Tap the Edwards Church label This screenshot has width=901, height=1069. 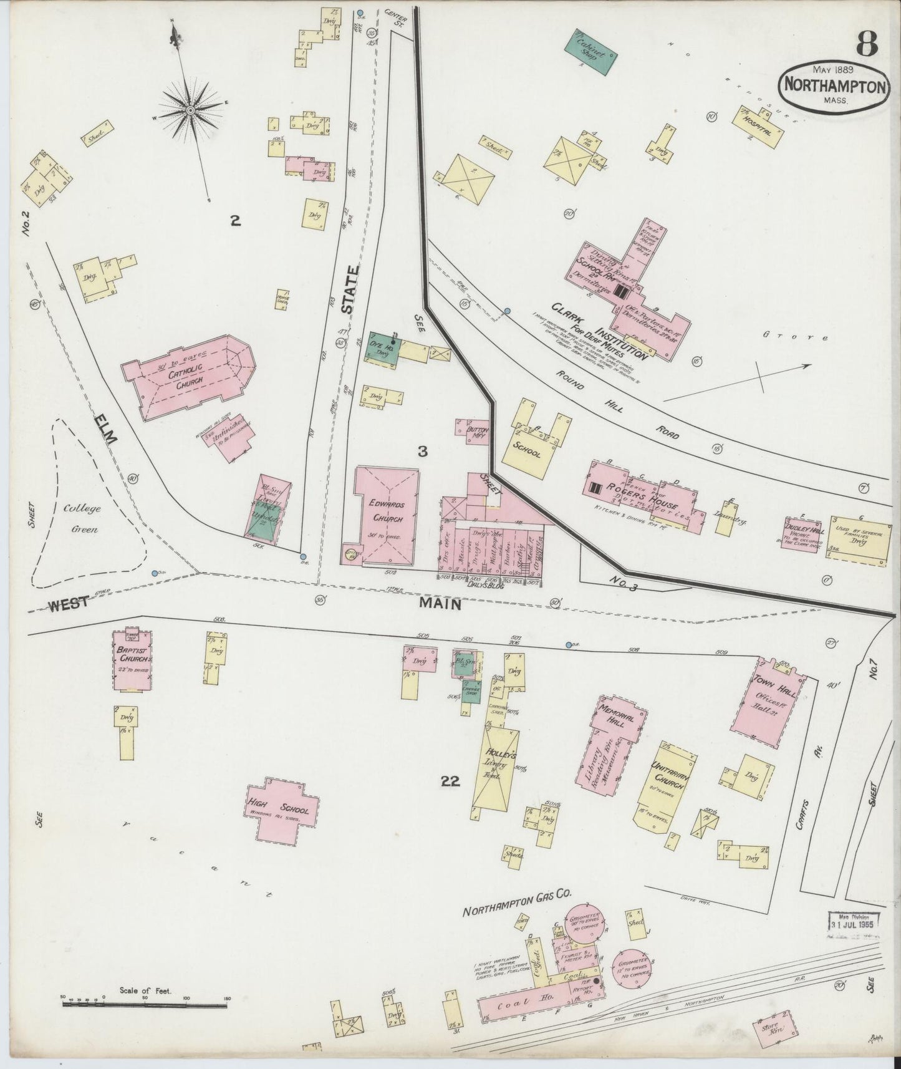click(x=386, y=511)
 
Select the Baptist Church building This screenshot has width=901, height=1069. click(x=133, y=660)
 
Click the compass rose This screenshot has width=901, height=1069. click(x=190, y=111)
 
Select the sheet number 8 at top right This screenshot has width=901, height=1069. click(x=866, y=44)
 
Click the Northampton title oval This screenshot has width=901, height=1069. click(x=834, y=87)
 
